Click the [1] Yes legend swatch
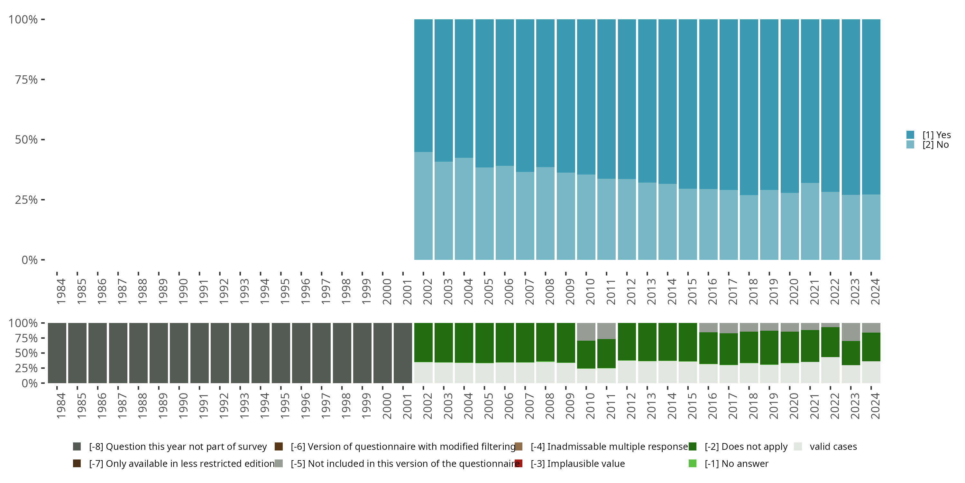pyautogui.click(x=910, y=135)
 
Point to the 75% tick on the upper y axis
pyautogui.click(x=42, y=80)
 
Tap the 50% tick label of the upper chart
pyautogui.click(x=26, y=140)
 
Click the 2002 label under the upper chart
pyautogui.click(x=427, y=291)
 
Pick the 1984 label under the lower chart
pyautogui.click(x=61, y=406)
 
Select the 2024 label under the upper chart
pyautogui.click(x=875, y=291)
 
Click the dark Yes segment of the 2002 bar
pyautogui.click(x=423, y=86)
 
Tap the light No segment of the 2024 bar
pyautogui.click(x=871, y=227)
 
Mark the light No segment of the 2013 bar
pyautogui.click(x=647, y=221)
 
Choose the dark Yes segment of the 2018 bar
pyautogui.click(x=749, y=107)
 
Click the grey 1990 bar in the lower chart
pyautogui.click(x=179, y=353)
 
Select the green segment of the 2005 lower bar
pyautogui.click(x=484, y=343)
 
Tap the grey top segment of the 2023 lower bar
pyautogui.click(x=851, y=332)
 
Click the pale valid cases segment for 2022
pyautogui.click(x=830, y=370)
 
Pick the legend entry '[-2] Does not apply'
pyautogui.click(x=746, y=447)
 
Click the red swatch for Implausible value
pyautogui.click(x=519, y=463)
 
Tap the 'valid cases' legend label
pyautogui.click(x=833, y=447)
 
